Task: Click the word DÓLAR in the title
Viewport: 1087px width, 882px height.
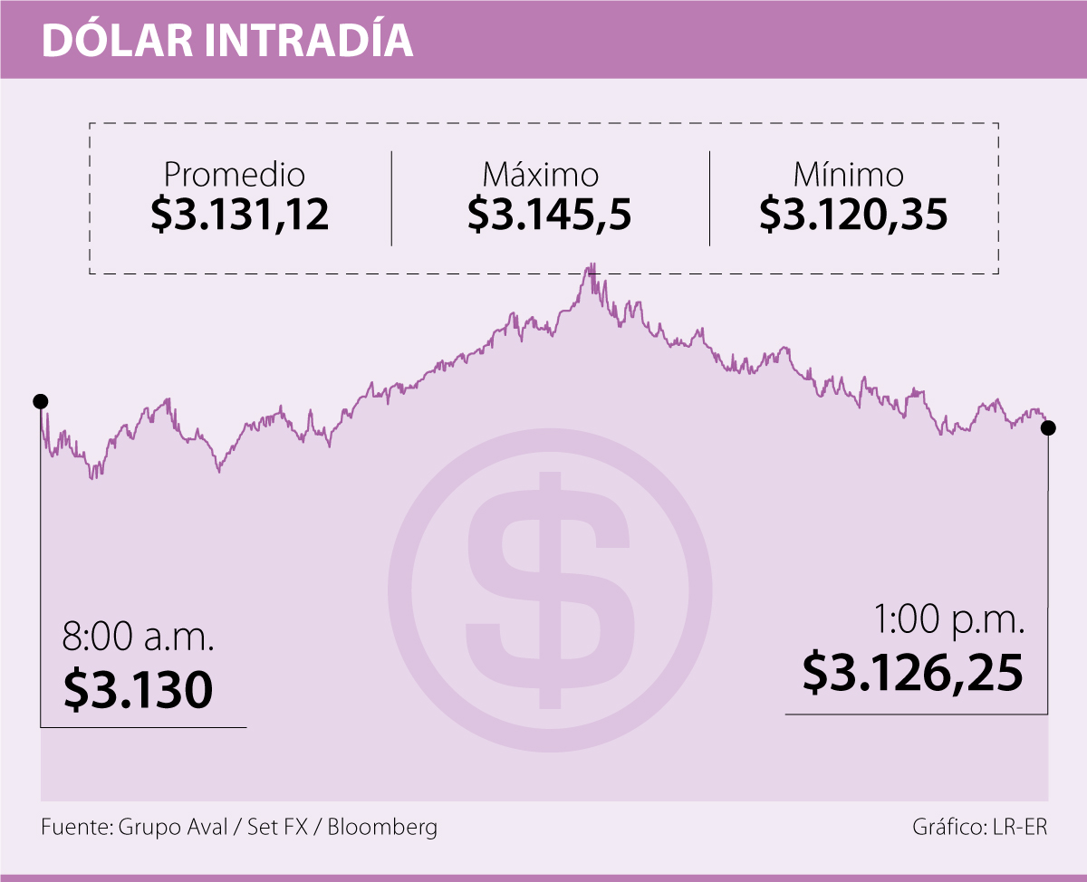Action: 118,41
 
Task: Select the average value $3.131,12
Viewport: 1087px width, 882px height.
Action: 240,216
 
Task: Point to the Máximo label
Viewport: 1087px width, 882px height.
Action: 541,174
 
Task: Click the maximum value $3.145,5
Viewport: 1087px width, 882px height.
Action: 550,216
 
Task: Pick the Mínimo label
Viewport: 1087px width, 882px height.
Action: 848,174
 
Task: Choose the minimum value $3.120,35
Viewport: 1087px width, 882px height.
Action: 853,216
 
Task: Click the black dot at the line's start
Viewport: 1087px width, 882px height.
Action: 41,401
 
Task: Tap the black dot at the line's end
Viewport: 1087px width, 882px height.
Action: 1048,428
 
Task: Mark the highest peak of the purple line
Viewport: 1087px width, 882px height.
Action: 592,264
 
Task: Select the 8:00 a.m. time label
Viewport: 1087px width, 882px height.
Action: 138,637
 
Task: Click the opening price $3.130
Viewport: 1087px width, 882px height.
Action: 139,689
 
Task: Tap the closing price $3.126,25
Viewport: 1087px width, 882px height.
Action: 913,674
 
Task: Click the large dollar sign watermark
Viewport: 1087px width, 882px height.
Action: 550,590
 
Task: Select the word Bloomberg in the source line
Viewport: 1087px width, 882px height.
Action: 382,827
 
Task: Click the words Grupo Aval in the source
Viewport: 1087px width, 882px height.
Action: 172,827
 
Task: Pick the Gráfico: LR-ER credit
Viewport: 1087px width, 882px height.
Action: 980,827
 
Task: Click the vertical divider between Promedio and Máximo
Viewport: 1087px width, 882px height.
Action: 391,198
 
